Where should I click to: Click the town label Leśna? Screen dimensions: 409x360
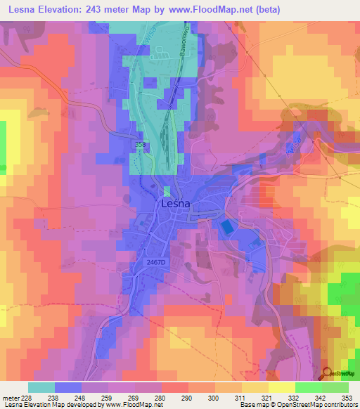[x=176, y=204]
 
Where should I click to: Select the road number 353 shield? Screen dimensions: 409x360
[x=141, y=144]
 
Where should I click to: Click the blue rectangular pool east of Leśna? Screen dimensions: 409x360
[x=226, y=228]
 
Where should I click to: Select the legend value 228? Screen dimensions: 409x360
[x=28, y=398]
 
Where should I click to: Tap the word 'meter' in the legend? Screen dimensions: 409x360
[x=11, y=398]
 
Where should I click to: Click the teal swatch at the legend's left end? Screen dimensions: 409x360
[x=41, y=387]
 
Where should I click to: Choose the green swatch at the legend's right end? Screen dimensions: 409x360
[x=335, y=387]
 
